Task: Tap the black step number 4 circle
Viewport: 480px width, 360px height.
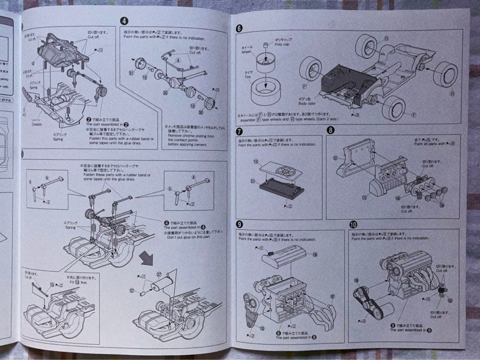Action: point(124,20)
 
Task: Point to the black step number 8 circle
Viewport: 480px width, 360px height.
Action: point(330,130)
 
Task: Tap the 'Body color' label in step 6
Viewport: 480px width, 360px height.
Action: point(307,104)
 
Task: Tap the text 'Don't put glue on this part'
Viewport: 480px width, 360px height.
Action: point(188,237)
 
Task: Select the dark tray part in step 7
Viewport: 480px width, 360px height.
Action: point(281,188)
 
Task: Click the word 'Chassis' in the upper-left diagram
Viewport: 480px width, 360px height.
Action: point(36,125)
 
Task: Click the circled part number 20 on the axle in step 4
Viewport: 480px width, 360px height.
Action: point(165,93)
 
